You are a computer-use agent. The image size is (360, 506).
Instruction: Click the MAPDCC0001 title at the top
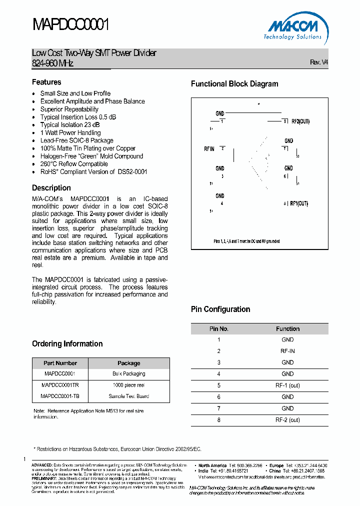click(70, 24)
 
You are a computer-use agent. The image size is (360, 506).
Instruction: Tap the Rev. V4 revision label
click(318, 62)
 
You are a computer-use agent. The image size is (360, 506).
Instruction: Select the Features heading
click(46, 82)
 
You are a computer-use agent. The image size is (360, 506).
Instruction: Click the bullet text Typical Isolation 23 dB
click(69, 125)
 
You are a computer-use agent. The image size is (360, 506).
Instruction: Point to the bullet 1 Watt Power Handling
click(70, 133)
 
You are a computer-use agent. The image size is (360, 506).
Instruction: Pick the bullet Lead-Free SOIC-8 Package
click(76, 140)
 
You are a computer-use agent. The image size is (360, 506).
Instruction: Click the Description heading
click(51, 188)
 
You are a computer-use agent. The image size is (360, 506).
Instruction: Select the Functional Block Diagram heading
click(234, 84)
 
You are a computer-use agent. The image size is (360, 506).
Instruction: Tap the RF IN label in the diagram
click(209, 149)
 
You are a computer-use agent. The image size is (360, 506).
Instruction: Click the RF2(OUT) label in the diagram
click(300, 121)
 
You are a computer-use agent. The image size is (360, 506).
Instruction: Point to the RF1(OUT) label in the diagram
click(298, 203)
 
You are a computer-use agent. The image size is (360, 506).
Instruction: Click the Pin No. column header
click(218, 329)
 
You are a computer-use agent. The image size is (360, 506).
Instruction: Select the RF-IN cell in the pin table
click(287, 351)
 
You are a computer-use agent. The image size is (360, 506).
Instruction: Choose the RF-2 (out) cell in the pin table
click(287, 420)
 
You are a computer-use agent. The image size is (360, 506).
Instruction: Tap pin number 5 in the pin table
click(218, 385)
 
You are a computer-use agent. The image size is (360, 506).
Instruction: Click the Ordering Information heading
click(67, 344)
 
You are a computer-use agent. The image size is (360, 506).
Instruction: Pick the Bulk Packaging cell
click(128, 373)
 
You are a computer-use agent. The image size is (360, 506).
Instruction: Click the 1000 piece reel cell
click(128, 385)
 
